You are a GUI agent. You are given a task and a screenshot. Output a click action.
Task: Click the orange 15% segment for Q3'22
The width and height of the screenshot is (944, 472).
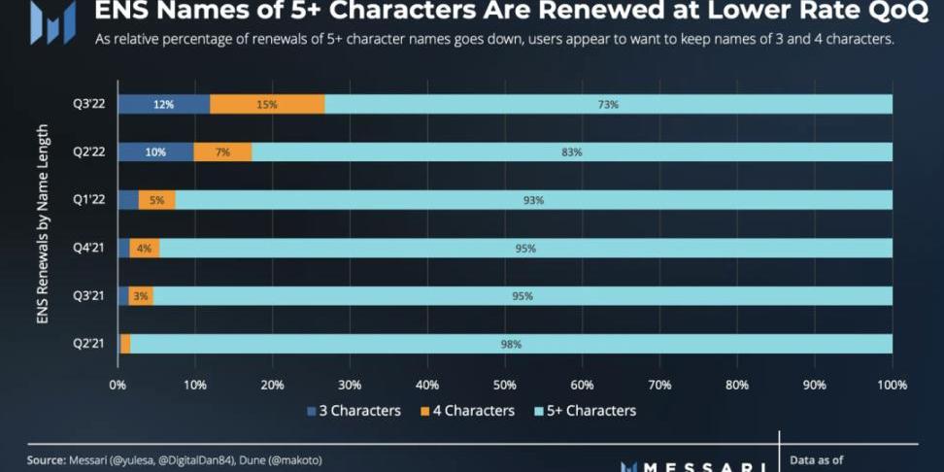(267, 104)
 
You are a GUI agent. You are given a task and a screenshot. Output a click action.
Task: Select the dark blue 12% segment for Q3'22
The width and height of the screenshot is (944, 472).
(163, 104)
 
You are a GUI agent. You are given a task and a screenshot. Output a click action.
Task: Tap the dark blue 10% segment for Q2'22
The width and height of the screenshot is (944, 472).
(155, 152)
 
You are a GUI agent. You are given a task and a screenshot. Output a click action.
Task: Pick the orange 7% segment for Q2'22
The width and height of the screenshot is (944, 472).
(222, 152)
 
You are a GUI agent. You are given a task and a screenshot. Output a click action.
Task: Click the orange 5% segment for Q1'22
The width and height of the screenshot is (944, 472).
(157, 200)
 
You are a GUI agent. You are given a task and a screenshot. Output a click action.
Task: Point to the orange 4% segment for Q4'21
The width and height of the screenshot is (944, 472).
(145, 248)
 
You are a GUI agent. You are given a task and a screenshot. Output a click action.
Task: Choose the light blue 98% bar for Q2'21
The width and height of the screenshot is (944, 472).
(511, 344)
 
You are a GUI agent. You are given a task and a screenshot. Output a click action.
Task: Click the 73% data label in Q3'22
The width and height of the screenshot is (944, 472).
(609, 104)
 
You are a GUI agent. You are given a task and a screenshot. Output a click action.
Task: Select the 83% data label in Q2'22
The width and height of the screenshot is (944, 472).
(572, 152)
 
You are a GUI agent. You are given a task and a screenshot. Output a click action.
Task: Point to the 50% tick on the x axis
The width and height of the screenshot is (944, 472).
(505, 385)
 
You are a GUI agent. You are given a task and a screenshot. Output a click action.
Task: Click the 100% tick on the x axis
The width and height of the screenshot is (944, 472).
(892, 385)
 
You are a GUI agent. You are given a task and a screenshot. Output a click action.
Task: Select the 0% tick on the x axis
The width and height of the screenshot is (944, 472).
(118, 385)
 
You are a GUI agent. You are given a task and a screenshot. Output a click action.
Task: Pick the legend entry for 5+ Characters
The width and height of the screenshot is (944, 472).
(585, 411)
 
